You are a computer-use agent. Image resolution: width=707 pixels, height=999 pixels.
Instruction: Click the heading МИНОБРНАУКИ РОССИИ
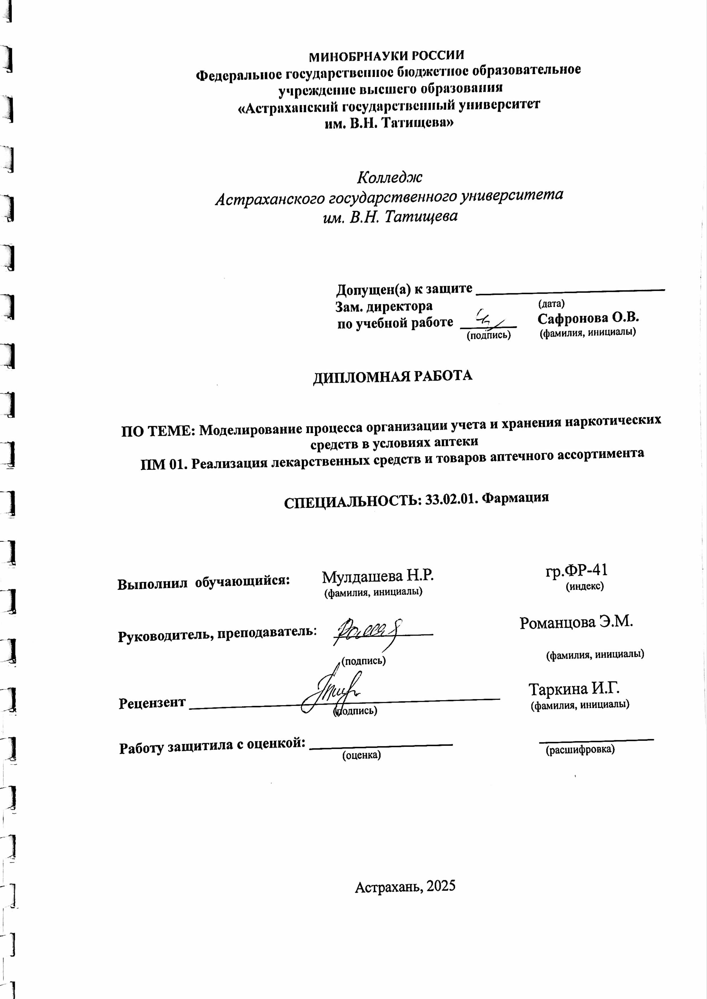(386, 56)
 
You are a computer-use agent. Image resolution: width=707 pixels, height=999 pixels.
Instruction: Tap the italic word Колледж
(390, 177)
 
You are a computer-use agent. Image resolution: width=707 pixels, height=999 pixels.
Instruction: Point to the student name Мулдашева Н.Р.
(378, 577)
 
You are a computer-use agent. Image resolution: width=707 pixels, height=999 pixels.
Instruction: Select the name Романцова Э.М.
(576, 622)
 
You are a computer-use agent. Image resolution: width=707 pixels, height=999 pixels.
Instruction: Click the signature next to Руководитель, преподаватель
(368, 630)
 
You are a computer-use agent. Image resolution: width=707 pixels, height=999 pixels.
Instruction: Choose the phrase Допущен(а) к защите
(404, 289)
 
